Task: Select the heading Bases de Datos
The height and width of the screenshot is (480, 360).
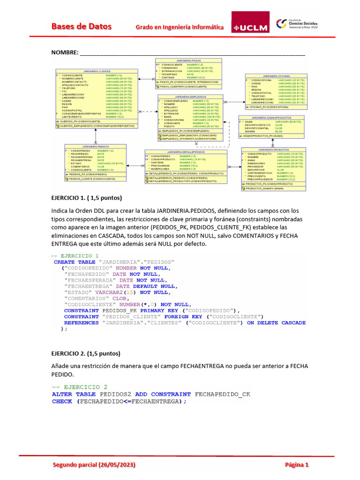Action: point(81,26)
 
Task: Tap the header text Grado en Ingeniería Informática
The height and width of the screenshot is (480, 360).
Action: point(180,27)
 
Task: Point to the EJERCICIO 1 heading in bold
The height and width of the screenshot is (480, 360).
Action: point(86,197)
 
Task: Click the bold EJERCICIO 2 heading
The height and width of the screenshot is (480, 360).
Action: point(86,353)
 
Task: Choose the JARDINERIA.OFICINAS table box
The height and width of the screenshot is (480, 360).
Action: point(276,91)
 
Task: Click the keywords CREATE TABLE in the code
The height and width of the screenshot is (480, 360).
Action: point(75,262)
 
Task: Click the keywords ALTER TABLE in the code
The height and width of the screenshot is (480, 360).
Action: point(74,394)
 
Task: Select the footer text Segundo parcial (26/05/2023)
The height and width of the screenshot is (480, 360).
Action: point(94,465)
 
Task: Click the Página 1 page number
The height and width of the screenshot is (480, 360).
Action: point(297,465)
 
